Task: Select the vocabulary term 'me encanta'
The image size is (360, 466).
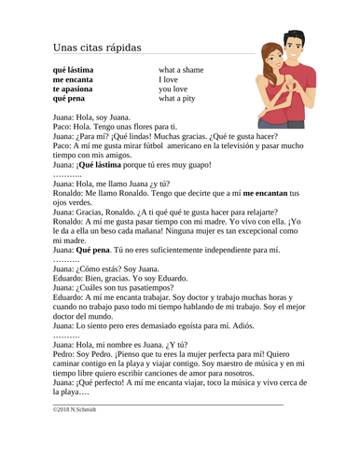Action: (74, 80)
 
